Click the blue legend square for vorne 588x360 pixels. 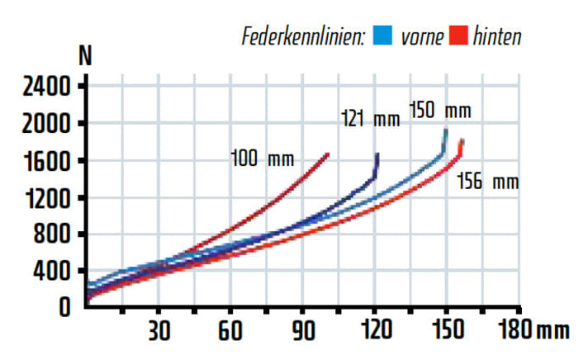[382, 36]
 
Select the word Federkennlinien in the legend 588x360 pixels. [304, 37]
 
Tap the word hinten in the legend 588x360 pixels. [497, 37]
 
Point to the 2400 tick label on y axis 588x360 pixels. [39, 87]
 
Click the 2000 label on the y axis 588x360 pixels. [39, 124]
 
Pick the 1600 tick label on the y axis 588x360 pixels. [39, 160]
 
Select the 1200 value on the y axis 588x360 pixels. [39, 197]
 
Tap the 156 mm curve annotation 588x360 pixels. [487, 181]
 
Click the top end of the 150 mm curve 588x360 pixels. [446, 130]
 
